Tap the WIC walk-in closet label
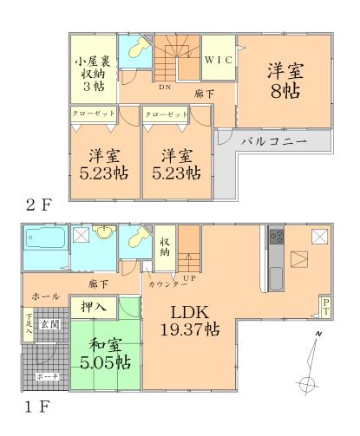[x=217, y=61]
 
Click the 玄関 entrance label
[x=49, y=324]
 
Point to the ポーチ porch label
[x=46, y=378]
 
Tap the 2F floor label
[x=39, y=206]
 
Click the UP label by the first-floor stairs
[x=187, y=279]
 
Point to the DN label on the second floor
[x=163, y=87]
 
